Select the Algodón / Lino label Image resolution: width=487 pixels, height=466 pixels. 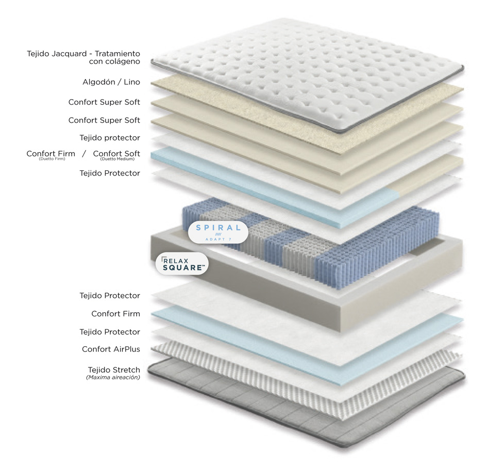111,82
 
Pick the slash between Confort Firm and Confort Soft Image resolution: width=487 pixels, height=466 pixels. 84,154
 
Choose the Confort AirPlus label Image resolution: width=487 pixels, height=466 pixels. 111,349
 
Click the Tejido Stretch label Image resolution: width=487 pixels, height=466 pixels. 113,369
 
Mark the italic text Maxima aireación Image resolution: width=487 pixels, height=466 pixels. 113,377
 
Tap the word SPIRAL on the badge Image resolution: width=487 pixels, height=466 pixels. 219,228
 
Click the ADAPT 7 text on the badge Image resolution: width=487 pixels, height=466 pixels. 219,239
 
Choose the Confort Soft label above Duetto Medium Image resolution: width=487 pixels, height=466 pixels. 116,153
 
